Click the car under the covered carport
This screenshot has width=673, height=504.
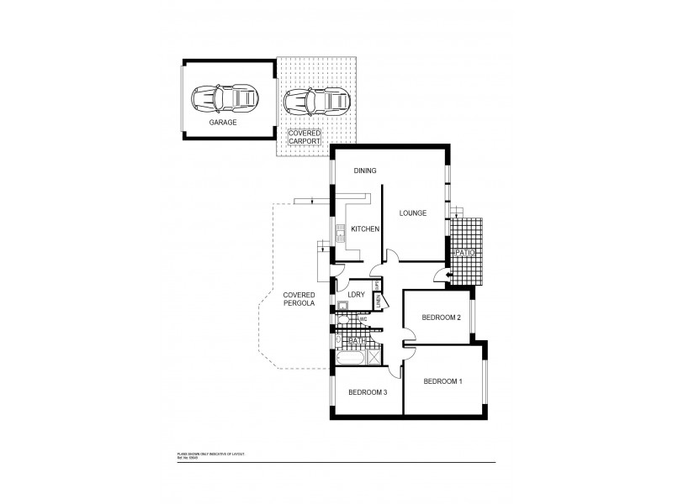[x=315, y=102]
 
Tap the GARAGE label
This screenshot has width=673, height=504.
[x=223, y=123]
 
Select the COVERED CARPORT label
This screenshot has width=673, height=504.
[x=304, y=137]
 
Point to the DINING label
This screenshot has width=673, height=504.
[x=364, y=171]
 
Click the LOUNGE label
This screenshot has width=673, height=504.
[x=413, y=213]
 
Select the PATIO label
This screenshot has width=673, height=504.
[x=465, y=252]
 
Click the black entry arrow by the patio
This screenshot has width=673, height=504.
[x=448, y=274]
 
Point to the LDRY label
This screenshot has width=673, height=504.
[x=356, y=294]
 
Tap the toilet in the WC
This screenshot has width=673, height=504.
[x=348, y=320]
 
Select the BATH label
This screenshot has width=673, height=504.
[x=356, y=340]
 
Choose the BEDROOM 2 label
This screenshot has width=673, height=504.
[x=441, y=318]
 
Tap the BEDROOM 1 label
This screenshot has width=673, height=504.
[x=442, y=382]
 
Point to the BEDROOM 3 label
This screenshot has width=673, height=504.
[x=368, y=392]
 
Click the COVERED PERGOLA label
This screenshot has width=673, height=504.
[x=299, y=299]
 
